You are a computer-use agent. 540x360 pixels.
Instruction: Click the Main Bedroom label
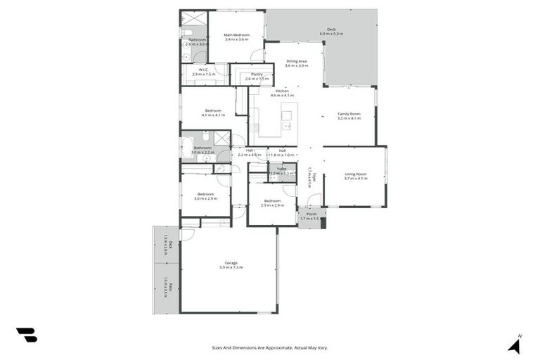coord(236,35)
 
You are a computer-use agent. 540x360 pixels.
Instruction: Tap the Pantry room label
coord(256,75)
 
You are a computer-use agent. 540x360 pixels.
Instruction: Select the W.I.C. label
coord(202,70)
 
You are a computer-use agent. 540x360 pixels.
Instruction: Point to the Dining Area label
coord(295,61)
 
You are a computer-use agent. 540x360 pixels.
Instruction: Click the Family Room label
coord(349,114)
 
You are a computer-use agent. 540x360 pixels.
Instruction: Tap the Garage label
coord(231,263)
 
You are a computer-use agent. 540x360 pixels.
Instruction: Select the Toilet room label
coord(281,169)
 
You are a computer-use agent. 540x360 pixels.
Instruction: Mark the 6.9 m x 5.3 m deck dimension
coord(331,34)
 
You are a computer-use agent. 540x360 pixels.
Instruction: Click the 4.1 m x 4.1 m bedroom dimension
coord(213,115)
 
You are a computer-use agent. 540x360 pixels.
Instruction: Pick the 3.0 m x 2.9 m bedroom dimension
coord(205,198)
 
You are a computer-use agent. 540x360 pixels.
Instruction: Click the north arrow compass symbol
coord(515,344)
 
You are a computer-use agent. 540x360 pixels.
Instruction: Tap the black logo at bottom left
coord(26,335)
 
